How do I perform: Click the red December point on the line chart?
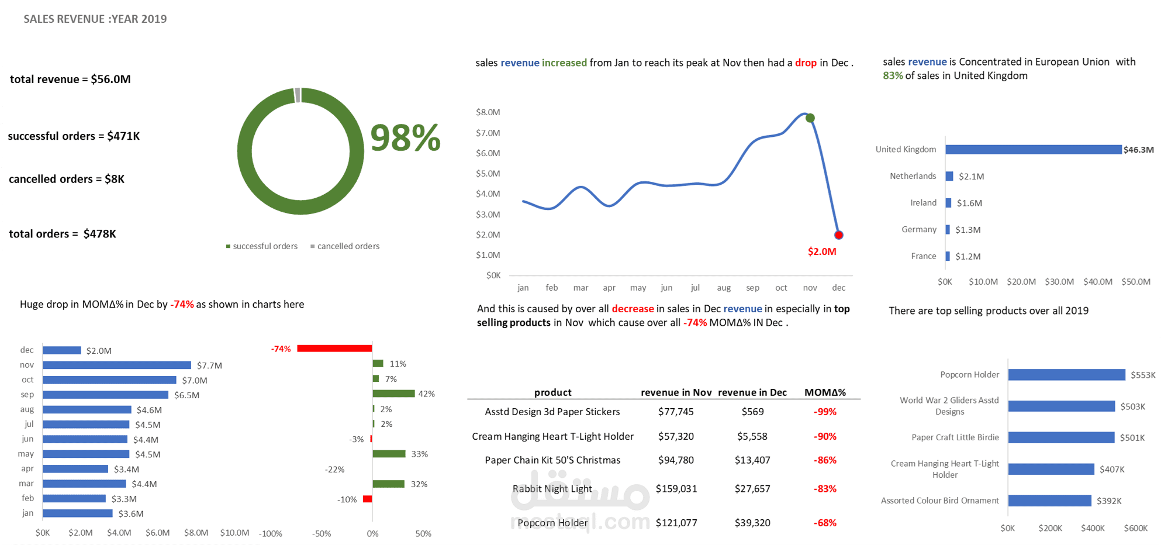(x=838, y=235)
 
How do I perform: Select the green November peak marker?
(x=810, y=118)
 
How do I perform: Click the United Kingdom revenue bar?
(x=1033, y=150)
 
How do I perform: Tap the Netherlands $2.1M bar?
(x=949, y=176)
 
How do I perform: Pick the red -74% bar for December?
(x=334, y=349)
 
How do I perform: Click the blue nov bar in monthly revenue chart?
(x=117, y=365)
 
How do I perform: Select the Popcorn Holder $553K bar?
(x=1066, y=375)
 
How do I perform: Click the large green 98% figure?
(x=405, y=139)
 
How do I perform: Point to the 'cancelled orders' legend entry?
(x=345, y=246)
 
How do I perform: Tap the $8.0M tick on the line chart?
(x=488, y=112)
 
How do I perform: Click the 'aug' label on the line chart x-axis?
(x=724, y=288)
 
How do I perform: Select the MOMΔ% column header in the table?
(x=825, y=392)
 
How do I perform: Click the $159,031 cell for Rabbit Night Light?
(x=676, y=488)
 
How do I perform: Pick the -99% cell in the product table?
(x=825, y=412)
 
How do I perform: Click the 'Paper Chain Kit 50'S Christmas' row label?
(x=552, y=460)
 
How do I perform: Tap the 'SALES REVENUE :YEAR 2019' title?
(x=95, y=19)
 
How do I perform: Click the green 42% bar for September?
(x=393, y=394)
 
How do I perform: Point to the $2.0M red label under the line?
(x=822, y=251)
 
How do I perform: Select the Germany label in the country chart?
(x=918, y=229)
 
